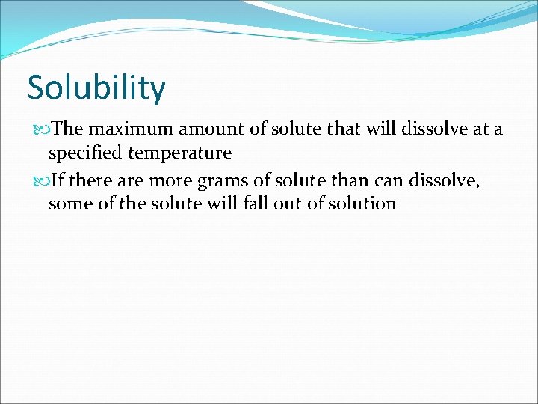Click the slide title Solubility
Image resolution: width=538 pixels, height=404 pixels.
96,88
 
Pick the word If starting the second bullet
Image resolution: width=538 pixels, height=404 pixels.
58,179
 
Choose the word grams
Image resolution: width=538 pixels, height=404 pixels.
226,180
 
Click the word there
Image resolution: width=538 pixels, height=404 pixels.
92,179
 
